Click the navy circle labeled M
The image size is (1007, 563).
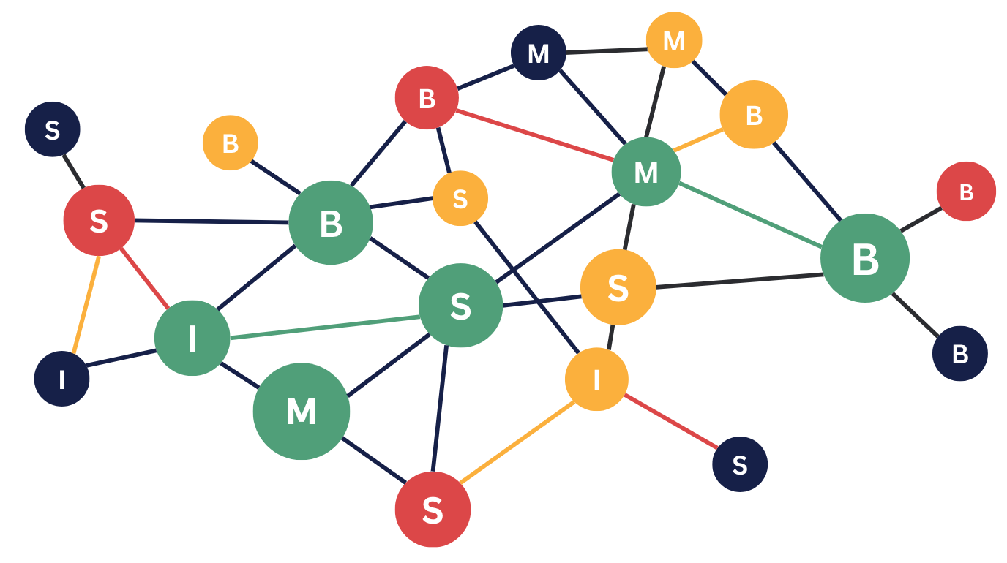539,53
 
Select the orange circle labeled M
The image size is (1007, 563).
674,41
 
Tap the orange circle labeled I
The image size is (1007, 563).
596,379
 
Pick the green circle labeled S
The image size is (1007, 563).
460,305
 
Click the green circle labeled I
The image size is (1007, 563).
192,338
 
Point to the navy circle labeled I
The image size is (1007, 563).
62,379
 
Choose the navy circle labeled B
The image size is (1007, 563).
959,354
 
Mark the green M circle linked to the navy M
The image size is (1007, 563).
646,172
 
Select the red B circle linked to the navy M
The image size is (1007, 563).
427,97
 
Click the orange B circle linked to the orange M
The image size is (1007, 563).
754,115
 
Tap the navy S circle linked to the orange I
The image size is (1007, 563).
740,464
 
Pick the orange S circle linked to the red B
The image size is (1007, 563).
460,198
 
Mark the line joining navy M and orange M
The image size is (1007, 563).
607,50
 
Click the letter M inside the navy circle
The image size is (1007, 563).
539,53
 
